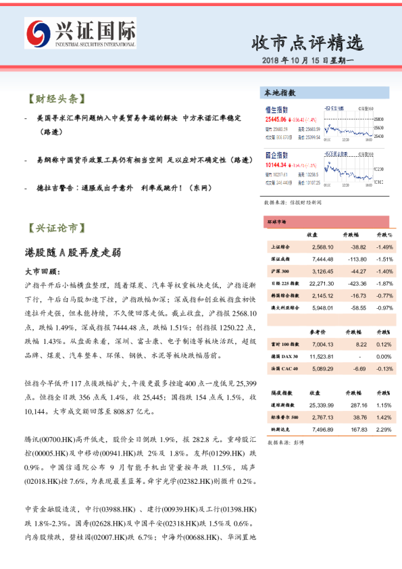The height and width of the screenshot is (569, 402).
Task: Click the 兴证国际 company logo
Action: pos(80,33)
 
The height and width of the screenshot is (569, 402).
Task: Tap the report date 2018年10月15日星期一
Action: pos(311,61)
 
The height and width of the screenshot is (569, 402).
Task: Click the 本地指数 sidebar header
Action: pos(280,93)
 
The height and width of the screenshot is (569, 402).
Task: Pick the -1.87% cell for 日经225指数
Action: pos(383,283)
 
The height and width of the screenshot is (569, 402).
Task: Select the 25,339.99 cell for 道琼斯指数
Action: pos(315,405)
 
